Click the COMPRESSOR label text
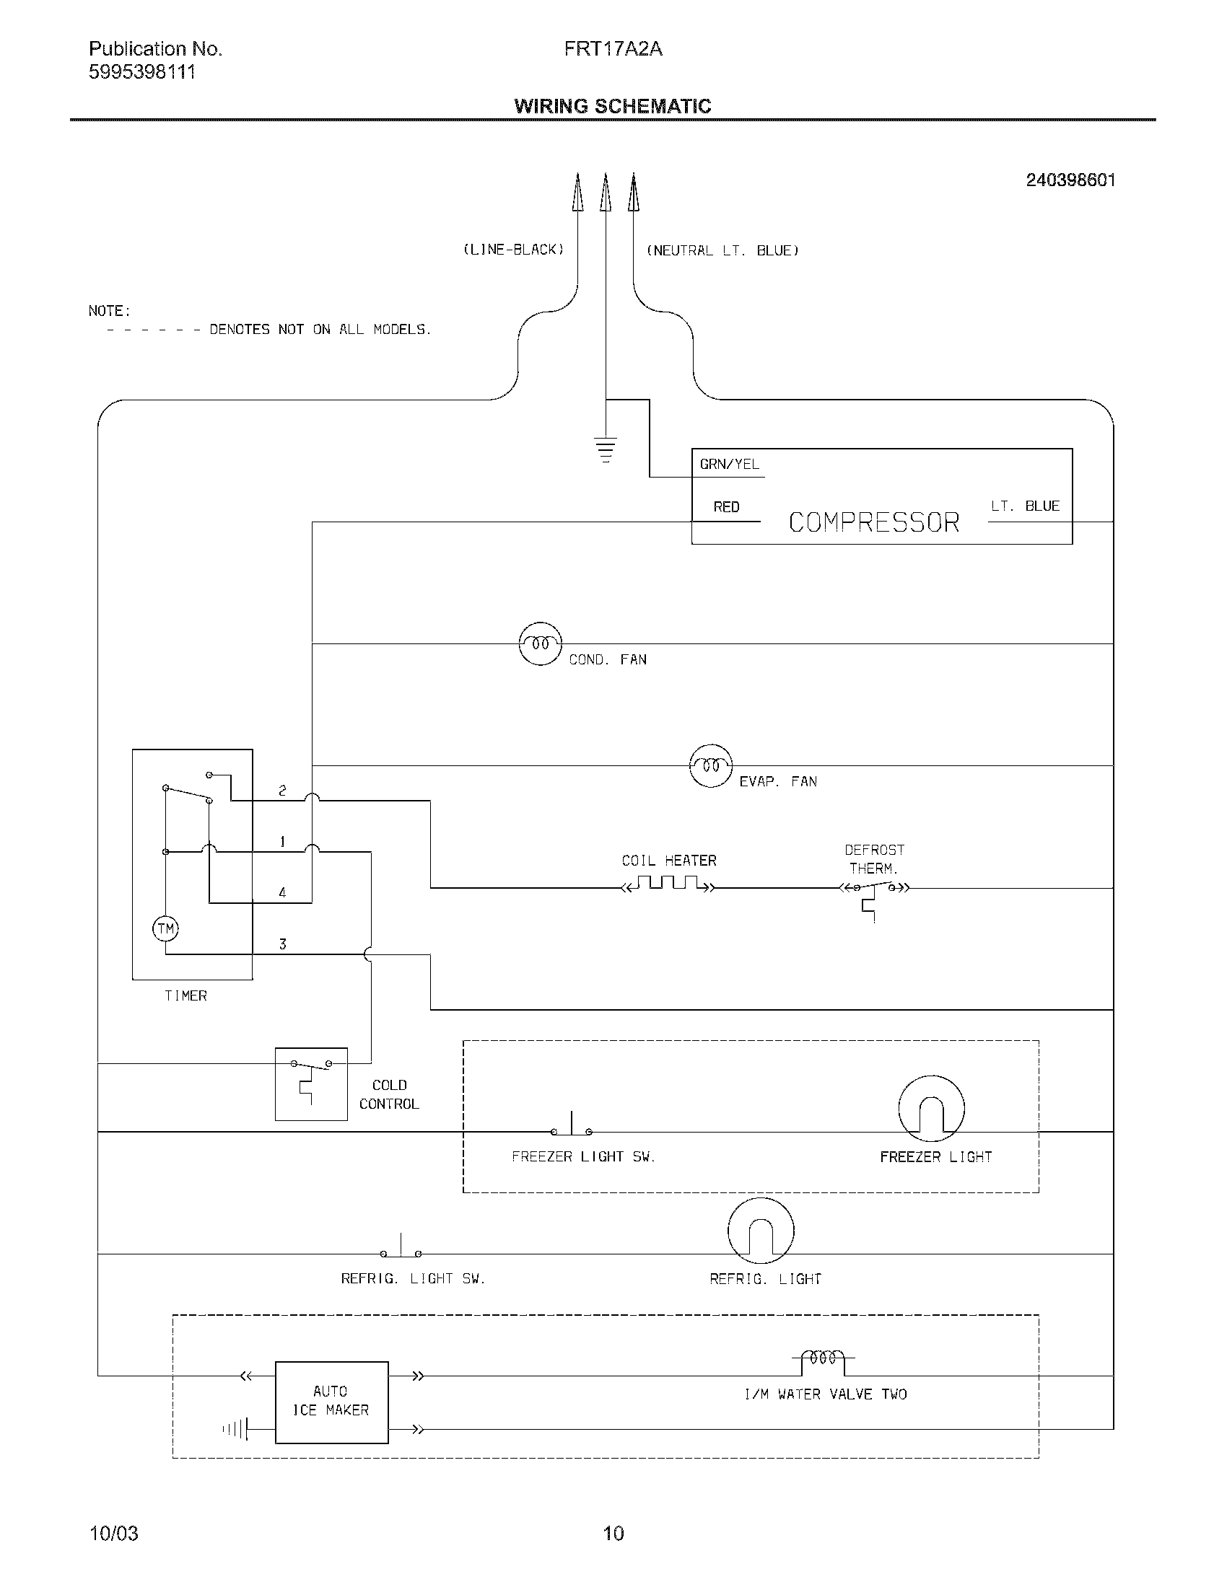click(x=874, y=522)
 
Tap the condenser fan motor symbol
click(x=540, y=643)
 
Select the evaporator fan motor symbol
click(x=710, y=766)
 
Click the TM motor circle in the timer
click(x=166, y=928)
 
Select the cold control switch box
click(x=311, y=1083)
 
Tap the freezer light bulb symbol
click(x=931, y=1109)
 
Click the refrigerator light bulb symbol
click(x=760, y=1231)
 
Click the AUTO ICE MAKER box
click(x=331, y=1402)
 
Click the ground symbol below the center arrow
click(x=605, y=449)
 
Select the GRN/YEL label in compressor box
click(x=729, y=465)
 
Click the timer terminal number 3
click(x=283, y=944)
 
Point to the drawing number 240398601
click(x=1070, y=180)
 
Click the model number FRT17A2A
click(x=613, y=48)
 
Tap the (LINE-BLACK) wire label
click(x=513, y=250)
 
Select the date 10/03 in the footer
click(x=113, y=1533)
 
